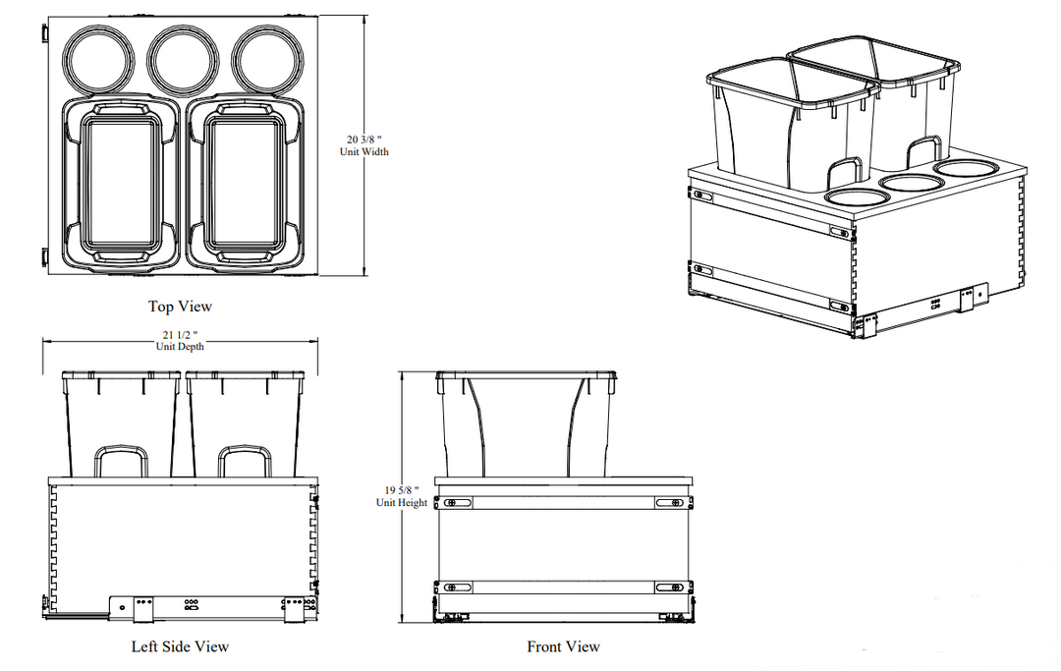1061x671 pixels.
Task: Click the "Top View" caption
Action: pos(180,307)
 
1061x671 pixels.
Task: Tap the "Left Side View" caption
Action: pos(180,646)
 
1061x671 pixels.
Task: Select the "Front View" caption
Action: pos(564,646)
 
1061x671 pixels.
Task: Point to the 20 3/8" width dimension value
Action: pos(364,140)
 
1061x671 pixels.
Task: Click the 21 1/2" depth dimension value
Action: pos(180,335)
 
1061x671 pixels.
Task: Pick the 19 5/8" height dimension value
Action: pos(402,490)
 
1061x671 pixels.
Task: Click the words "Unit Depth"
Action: pos(180,347)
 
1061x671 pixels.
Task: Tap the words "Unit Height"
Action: pos(402,503)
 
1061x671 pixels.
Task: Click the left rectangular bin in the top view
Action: pos(122,183)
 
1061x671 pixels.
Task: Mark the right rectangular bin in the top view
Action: pos(245,183)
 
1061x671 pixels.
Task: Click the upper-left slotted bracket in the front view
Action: pos(458,503)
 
